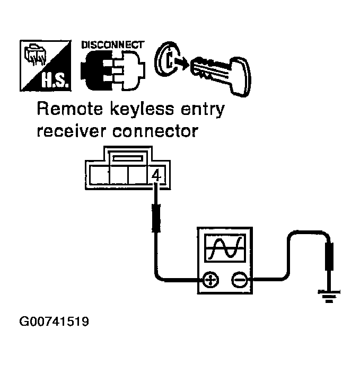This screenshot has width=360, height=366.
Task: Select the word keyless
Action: click(142, 111)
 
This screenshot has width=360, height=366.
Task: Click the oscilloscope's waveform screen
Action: click(225, 248)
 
